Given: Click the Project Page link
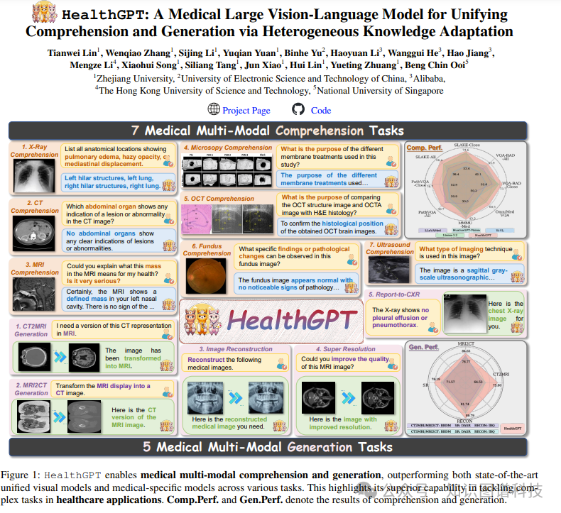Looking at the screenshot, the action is click(246, 110).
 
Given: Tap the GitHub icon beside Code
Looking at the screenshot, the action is click(298, 109).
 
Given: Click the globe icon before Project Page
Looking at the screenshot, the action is click(214, 109).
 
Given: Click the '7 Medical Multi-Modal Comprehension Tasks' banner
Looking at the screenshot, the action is click(268, 131).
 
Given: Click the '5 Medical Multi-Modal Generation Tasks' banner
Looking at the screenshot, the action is click(268, 447).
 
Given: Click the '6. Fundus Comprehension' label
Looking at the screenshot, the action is click(206, 249).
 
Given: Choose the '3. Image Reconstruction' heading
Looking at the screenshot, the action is click(235, 349).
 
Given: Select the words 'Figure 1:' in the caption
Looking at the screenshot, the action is click(21, 475).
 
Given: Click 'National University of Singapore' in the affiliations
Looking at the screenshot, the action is click(381, 90).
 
